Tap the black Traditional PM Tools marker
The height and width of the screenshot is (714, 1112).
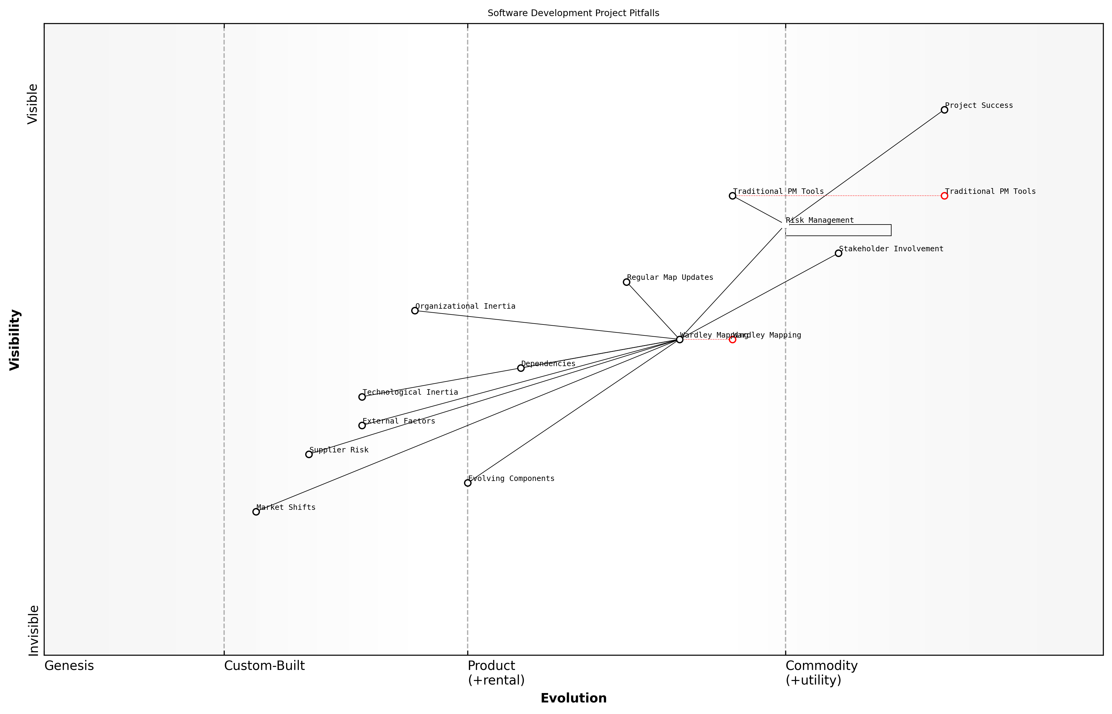732,196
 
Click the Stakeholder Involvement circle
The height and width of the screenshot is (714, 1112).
838,253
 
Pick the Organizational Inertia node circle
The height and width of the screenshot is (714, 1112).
415,311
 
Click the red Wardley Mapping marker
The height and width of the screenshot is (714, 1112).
732,339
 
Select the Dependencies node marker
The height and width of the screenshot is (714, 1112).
521,368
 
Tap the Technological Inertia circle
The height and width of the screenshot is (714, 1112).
362,397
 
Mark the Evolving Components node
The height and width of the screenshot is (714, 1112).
468,483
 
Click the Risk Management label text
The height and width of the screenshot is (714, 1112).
820,220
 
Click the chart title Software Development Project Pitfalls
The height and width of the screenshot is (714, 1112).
573,13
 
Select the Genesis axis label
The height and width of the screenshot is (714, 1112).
69,666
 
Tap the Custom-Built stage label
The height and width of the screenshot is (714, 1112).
264,666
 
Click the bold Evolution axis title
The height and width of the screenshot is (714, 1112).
573,698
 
